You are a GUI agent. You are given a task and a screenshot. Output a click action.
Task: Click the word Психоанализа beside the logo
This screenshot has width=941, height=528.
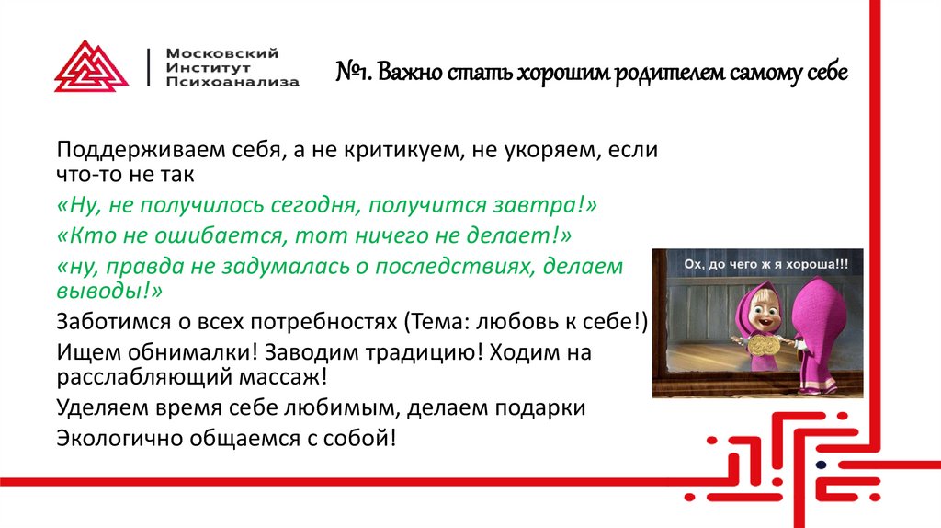(232, 82)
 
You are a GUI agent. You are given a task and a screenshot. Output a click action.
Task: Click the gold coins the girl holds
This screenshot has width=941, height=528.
(762, 347)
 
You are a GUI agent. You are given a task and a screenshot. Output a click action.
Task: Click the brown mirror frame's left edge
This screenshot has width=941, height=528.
(659, 322)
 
